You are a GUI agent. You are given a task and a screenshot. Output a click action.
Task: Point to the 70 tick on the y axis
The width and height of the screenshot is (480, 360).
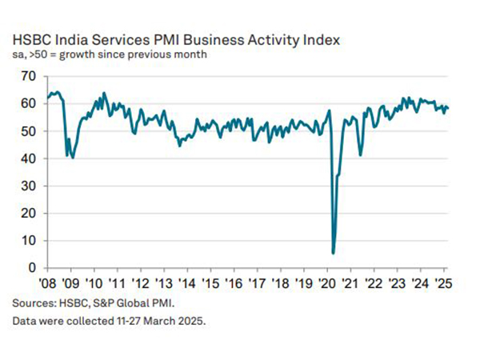click(28, 76)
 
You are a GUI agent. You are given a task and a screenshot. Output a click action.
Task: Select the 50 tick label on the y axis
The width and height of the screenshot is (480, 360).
click(28, 131)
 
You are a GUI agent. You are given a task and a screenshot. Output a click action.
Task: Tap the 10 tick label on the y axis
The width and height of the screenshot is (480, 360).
click(28, 241)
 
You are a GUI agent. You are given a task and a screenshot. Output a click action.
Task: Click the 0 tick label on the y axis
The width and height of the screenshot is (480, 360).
click(31, 268)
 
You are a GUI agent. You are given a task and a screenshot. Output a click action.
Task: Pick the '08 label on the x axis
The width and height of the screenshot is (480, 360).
click(46, 284)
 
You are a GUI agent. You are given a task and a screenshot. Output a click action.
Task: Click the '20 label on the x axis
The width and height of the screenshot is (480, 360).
click(328, 284)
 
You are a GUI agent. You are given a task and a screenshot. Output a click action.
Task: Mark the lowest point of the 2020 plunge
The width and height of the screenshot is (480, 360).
click(333, 253)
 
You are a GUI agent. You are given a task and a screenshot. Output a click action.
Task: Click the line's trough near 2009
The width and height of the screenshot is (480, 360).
click(73, 158)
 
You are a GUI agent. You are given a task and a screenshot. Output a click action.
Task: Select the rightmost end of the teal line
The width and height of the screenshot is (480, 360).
click(449, 108)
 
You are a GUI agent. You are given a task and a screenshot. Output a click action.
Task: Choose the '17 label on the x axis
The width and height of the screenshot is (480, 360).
click(258, 284)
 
